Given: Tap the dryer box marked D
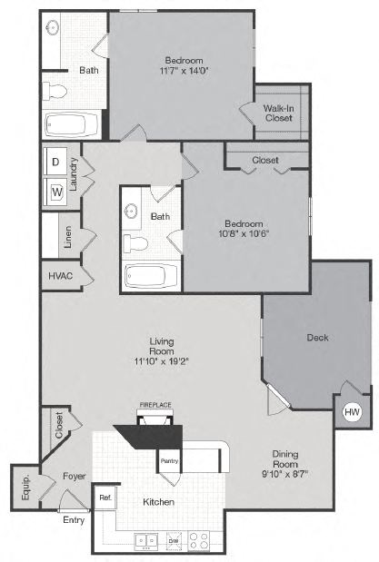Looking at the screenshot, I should coord(55,162).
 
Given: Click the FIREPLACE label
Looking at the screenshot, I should coord(155,404).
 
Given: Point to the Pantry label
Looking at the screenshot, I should coord(168,460).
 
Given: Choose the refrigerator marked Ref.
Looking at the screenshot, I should coord(105,497).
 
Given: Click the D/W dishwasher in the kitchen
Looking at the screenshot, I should coord(174,541).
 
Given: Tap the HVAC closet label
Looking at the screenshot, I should coord(60,275).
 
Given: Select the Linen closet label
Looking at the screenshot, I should coord(68,236).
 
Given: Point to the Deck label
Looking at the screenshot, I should coord(317,338).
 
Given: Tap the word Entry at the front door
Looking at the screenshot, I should coord(73,520).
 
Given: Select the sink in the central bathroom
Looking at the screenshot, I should coord(133,213).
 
